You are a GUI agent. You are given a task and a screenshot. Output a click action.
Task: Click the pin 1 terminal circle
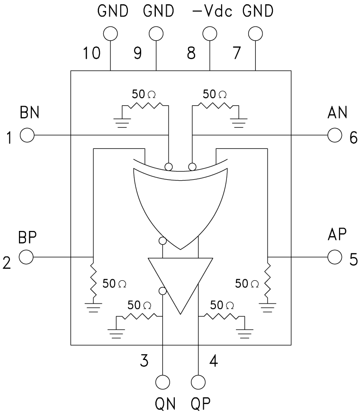[27, 136]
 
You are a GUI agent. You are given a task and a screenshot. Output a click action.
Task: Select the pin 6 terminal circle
[334, 136]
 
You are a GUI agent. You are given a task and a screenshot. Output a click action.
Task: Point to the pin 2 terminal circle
[27, 257]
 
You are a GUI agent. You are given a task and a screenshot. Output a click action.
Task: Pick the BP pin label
[28, 237]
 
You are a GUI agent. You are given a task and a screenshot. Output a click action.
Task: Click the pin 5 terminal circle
[334, 257]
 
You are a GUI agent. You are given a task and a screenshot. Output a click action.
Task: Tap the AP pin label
[337, 235]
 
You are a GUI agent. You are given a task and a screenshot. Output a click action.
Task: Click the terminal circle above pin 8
[209, 33]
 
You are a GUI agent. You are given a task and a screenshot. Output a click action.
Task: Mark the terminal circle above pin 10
[110, 33]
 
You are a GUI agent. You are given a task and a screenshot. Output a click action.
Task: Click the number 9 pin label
[138, 53]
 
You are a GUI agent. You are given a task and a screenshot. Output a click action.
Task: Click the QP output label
[200, 404]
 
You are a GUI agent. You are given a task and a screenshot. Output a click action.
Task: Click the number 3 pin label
[144, 361]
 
